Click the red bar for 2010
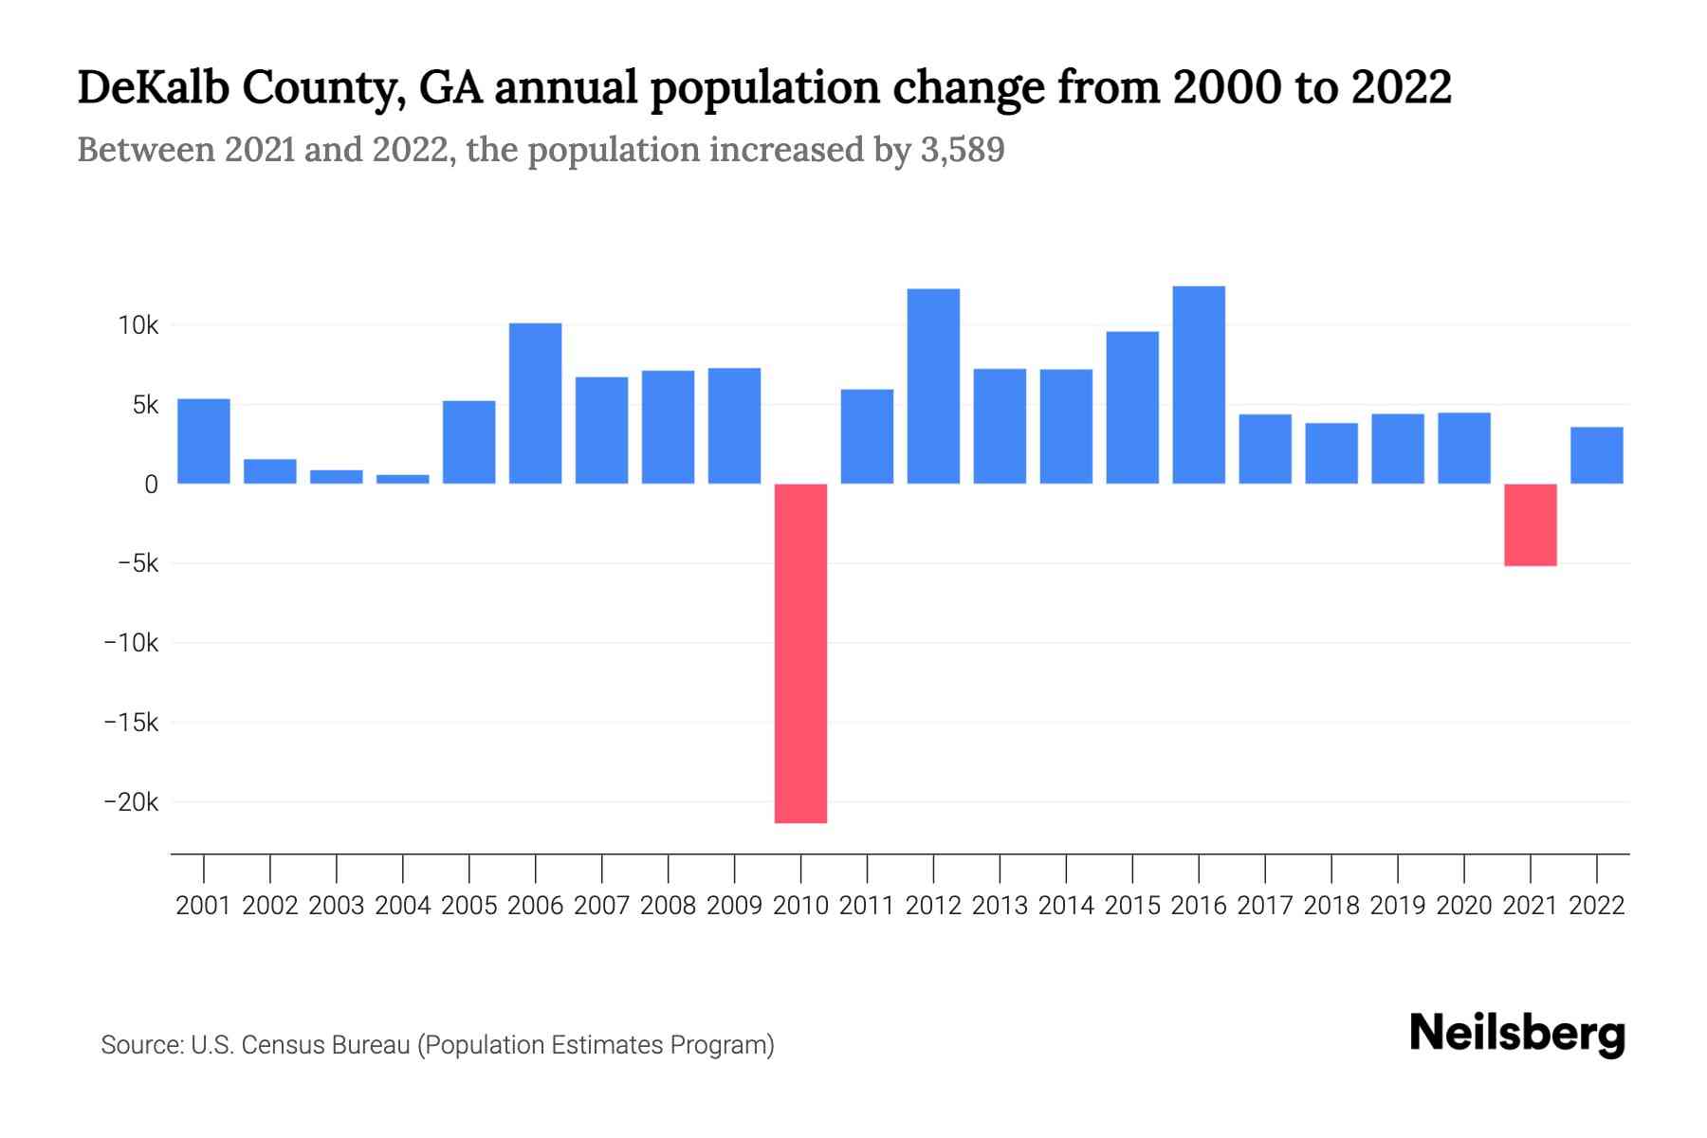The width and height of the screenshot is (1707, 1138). (x=800, y=652)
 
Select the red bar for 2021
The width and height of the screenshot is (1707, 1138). (x=1530, y=524)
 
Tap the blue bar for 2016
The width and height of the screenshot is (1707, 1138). (x=1199, y=385)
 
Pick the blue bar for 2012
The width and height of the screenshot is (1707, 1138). (x=933, y=386)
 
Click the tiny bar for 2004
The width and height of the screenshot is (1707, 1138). (x=403, y=479)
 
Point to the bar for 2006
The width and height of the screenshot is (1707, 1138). (x=535, y=403)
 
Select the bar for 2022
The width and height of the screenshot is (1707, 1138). (x=1596, y=455)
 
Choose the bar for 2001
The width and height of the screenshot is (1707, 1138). (x=204, y=441)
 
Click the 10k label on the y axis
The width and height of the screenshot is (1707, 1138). (x=138, y=325)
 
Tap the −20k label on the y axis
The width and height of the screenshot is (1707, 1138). (x=131, y=802)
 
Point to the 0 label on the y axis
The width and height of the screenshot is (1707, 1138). (x=151, y=485)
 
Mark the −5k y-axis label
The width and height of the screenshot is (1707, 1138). (x=138, y=563)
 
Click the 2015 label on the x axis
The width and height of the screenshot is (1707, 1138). (x=1132, y=906)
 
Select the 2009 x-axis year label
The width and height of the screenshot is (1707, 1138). (x=734, y=906)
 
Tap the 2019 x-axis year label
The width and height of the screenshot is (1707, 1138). (x=1397, y=906)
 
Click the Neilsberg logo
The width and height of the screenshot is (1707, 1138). (x=1516, y=1034)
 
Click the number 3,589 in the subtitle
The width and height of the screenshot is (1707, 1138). (x=962, y=150)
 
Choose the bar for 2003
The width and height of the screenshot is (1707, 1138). (x=337, y=477)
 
